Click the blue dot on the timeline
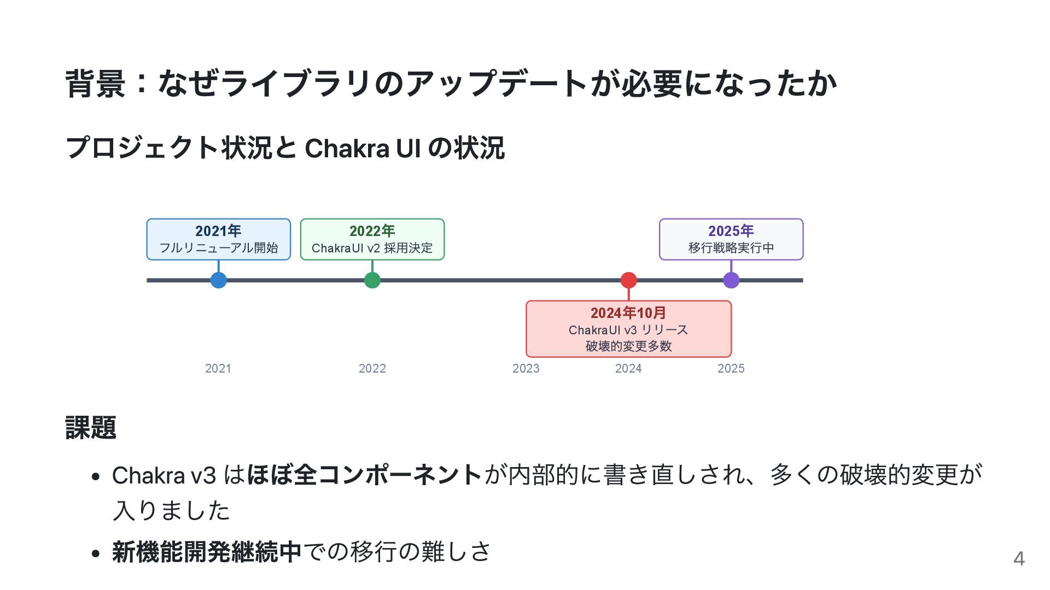(219, 280)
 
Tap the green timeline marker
(372, 280)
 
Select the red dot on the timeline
(629, 280)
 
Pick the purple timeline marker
(731, 280)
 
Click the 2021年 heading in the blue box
(218, 231)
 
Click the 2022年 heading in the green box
(372, 231)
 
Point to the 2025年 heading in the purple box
(731, 231)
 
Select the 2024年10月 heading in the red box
(628, 313)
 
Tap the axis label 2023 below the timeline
(526, 369)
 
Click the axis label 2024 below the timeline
(628, 369)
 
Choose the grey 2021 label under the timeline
(218, 369)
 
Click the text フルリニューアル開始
(219, 248)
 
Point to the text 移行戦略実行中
(731, 248)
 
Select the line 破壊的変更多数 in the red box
(628, 346)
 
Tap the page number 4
(1019, 559)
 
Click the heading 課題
(91, 428)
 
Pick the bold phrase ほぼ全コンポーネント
(364, 475)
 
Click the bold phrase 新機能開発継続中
(207, 552)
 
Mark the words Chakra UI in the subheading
(363, 148)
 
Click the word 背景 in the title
(95, 84)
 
